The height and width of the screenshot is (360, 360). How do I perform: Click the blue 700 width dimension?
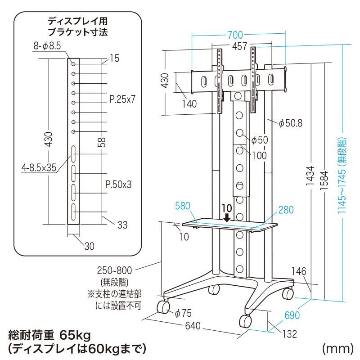[235, 35]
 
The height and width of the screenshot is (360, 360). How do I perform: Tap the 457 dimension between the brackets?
[239, 46]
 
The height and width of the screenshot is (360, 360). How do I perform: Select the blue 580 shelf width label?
[183, 206]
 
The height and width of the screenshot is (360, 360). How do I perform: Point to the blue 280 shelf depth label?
[286, 210]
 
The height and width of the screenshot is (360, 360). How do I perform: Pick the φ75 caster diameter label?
[183, 313]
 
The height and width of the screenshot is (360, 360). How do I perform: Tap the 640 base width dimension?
[193, 325]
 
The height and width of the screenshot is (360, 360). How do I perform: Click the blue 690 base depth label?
[292, 315]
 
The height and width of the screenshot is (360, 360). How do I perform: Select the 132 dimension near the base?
[289, 334]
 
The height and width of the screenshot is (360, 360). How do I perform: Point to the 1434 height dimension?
[310, 175]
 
